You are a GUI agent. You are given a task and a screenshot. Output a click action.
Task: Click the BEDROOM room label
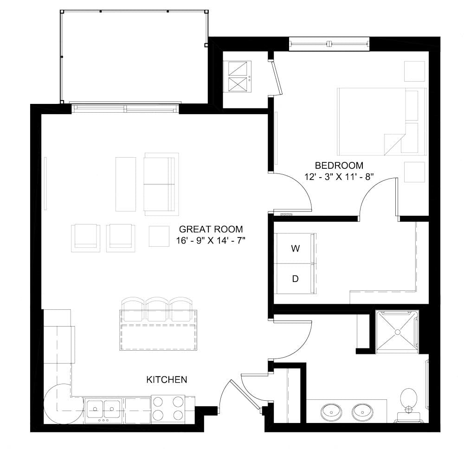(x=339, y=165)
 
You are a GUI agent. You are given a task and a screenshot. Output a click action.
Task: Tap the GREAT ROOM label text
(x=211, y=229)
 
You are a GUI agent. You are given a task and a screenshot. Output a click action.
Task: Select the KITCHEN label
(x=167, y=380)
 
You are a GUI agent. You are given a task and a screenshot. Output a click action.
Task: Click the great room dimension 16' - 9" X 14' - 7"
(x=211, y=241)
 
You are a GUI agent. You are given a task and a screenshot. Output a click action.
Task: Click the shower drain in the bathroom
(x=397, y=333)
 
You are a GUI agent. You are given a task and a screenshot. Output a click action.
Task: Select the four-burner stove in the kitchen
(x=168, y=408)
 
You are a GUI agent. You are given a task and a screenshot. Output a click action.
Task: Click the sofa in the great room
(x=161, y=184)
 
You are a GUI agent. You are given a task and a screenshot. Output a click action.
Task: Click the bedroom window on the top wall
(x=329, y=44)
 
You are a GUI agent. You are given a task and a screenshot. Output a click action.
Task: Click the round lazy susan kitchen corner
(x=58, y=402)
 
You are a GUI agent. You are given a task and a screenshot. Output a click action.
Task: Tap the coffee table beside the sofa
(x=126, y=184)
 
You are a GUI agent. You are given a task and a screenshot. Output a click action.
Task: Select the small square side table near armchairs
(x=159, y=236)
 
